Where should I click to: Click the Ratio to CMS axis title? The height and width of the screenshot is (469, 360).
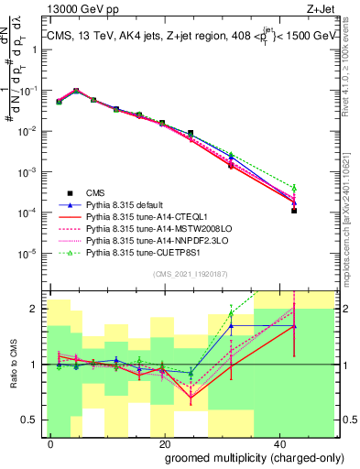click(x=11, y=365)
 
